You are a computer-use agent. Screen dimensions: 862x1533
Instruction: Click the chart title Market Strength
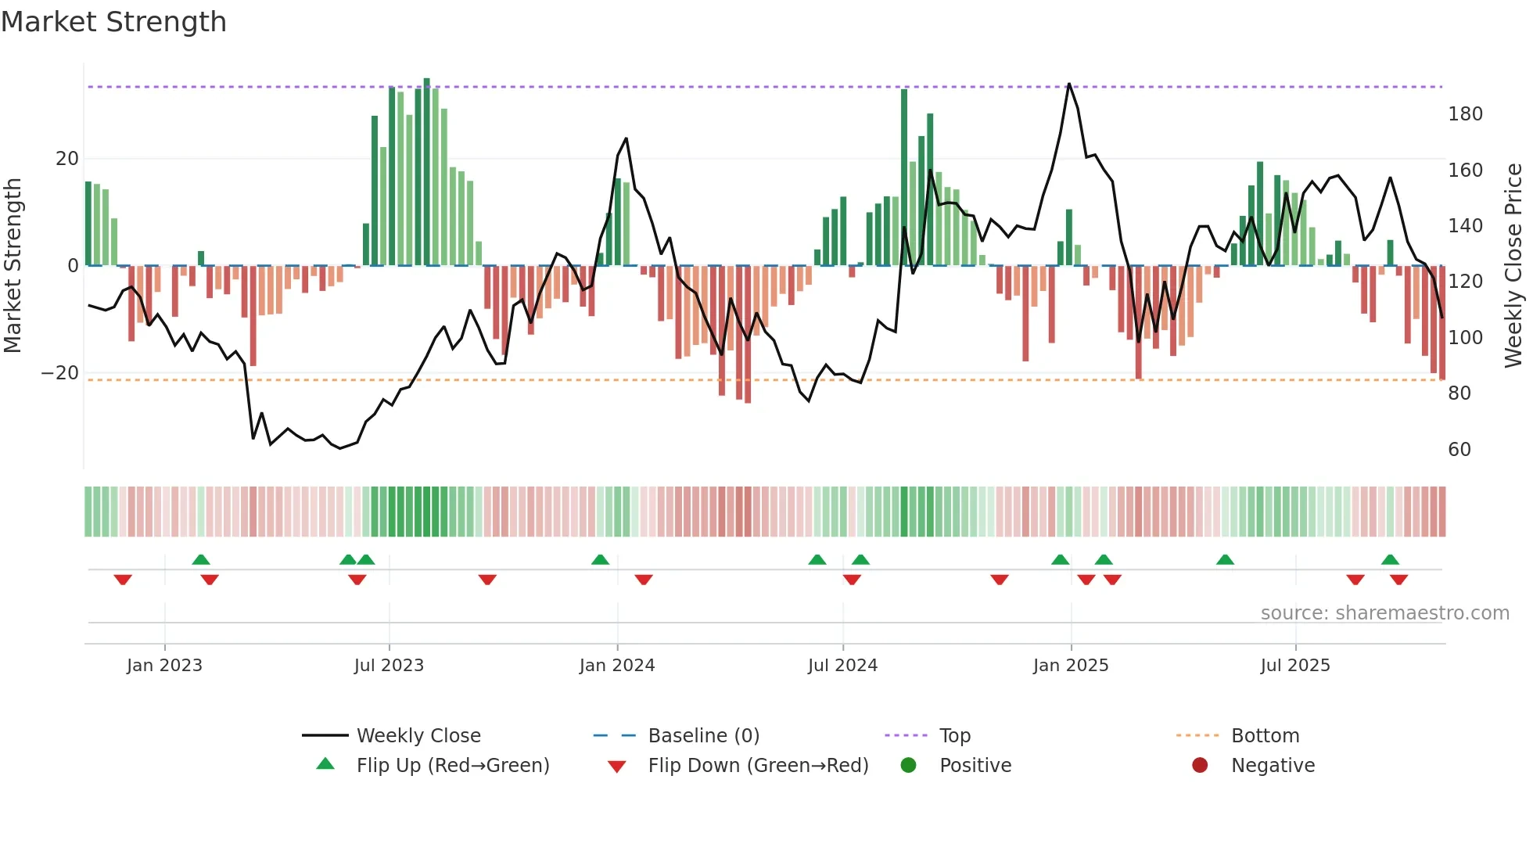point(113,22)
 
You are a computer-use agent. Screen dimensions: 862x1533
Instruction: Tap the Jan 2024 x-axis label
point(616,666)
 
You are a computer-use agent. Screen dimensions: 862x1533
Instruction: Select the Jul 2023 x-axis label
point(389,666)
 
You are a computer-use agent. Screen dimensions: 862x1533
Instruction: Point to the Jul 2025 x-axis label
point(1294,666)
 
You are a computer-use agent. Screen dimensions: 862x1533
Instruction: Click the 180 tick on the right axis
point(1464,114)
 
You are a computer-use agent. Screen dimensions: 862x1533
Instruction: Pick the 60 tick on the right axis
point(1459,450)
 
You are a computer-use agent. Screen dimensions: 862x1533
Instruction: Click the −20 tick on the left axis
point(60,373)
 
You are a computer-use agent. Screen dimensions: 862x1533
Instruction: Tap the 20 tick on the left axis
point(66,159)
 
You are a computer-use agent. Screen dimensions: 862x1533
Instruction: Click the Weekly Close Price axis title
point(1513,266)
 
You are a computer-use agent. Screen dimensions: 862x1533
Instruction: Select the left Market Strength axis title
point(13,266)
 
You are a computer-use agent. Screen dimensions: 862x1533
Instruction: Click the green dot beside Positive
point(908,765)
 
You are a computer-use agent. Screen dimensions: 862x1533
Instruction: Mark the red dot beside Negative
point(1199,765)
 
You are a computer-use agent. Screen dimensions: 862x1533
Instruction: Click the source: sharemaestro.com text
point(1384,613)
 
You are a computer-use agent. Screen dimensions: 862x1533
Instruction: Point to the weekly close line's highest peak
point(1068,84)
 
